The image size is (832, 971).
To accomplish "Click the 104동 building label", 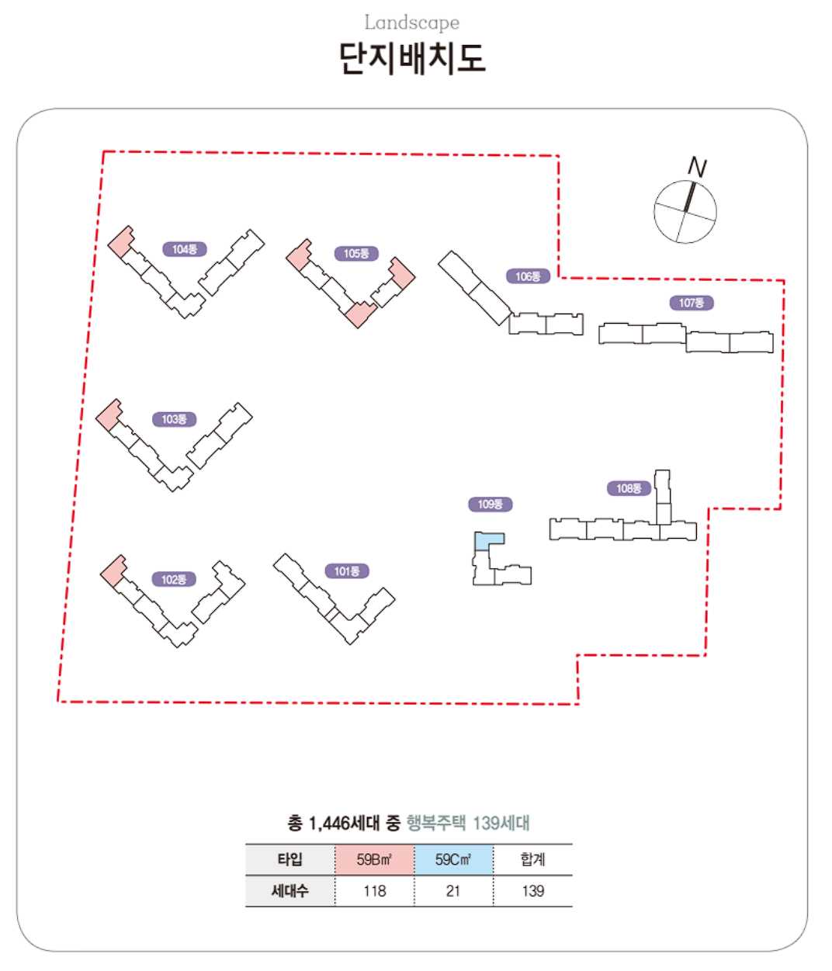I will (185, 249).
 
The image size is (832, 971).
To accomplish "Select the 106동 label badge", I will (528, 276).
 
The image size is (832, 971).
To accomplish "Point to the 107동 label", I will (691, 303).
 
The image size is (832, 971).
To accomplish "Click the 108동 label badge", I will (629, 488).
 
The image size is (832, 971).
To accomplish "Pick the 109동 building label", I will (491, 505).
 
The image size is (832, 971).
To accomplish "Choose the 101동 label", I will (347, 571).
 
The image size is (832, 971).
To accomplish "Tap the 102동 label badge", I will (174, 579).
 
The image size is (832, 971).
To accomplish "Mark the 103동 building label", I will (174, 419).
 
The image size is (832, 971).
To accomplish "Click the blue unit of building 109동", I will (489, 541).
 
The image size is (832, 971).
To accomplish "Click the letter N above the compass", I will (697, 167).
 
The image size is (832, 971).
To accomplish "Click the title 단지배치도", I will (412, 58).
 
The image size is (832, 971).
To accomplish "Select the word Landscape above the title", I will (412, 23).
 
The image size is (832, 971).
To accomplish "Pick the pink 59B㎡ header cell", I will (374, 860).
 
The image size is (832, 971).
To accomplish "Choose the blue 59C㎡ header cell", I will (453, 860).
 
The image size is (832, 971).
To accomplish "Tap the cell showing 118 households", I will (374, 891).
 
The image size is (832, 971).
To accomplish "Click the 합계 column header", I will (533, 860).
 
